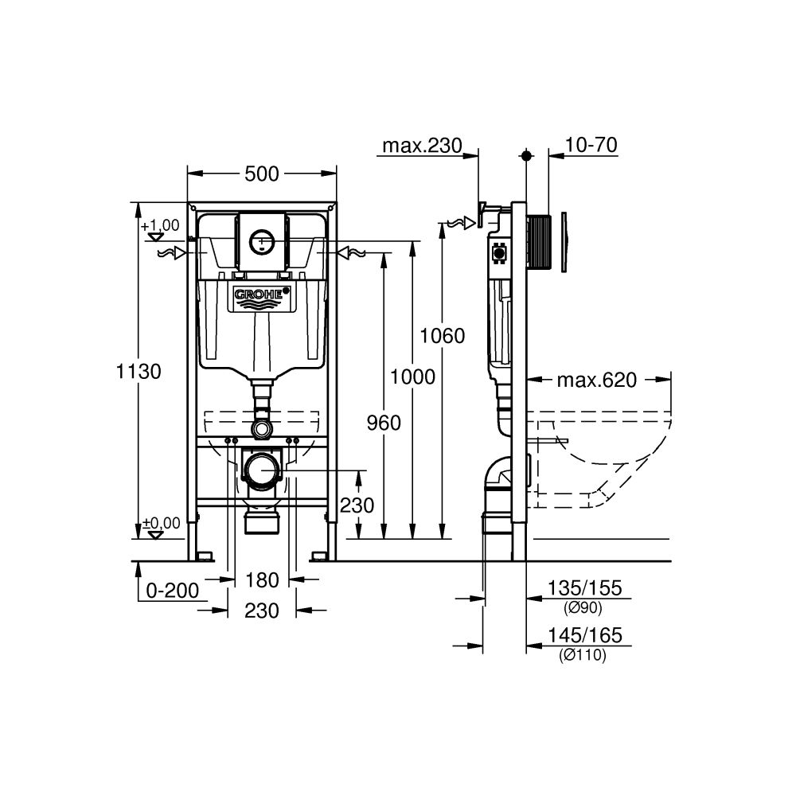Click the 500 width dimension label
pos(262,174)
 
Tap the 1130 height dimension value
pos(139,371)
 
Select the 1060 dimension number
pos(443,336)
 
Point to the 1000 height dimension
pos(413,377)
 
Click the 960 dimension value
pos(384,423)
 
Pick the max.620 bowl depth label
pos(596,380)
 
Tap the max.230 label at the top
pos(422,146)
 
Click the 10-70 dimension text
pos(592,145)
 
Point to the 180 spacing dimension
pos(262,579)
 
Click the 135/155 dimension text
pos(583,589)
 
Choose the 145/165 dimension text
pos(583,636)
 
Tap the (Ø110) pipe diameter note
pos(583,655)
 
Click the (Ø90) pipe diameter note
pos(583,608)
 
